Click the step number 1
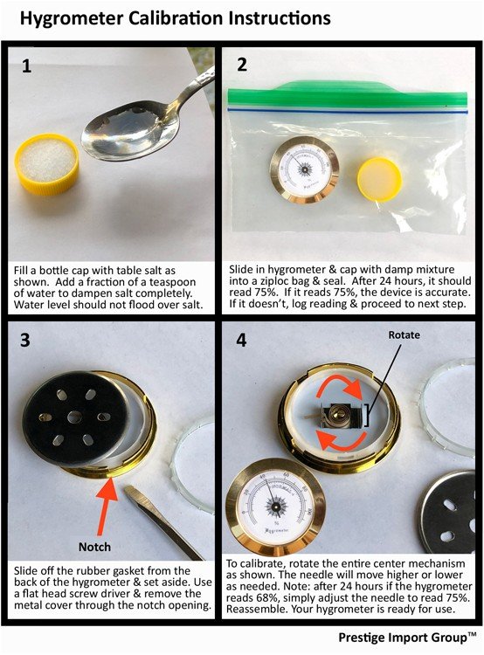[26, 66]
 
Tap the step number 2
[242, 65]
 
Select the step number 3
[25, 340]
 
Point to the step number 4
[242, 340]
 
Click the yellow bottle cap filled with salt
[47, 164]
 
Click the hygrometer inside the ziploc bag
[304, 169]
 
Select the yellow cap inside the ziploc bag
[379, 180]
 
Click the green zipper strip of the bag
[348, 95]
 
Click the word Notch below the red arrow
[94, 547]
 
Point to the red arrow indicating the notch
[107, 507]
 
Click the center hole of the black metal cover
[74, 417]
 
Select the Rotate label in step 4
[404, 335]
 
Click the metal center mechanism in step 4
[340, 415]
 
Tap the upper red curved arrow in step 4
[339, 384]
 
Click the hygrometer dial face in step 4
[275, 506]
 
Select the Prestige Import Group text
[407, 638]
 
